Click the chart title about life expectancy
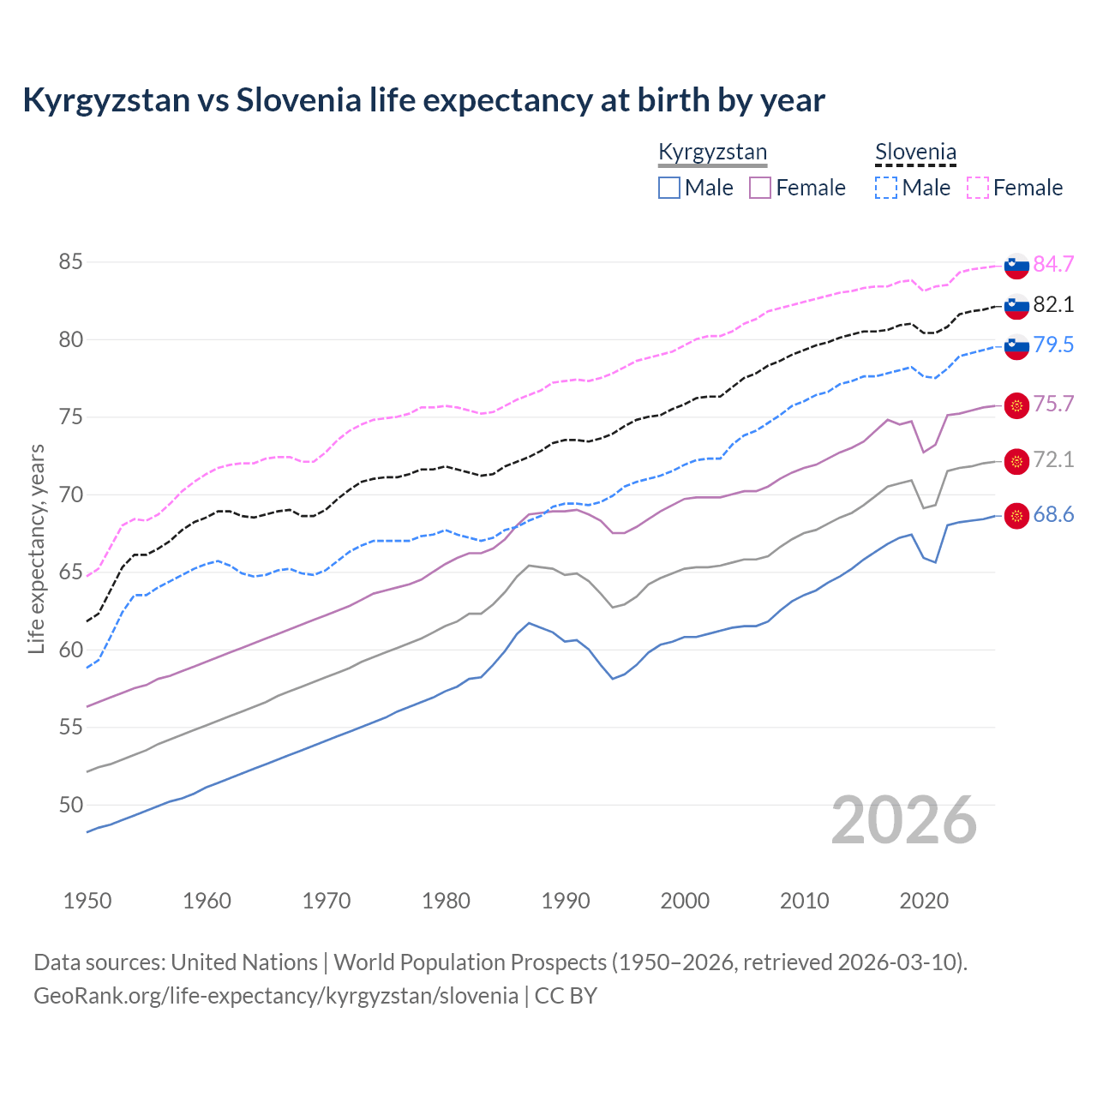pos(423,100)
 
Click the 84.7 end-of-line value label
pos(1053,264)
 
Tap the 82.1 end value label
pos(1053,304)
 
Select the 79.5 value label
pos(1053,345)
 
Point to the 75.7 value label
pos(1053,405)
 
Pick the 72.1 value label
pos(1053,460)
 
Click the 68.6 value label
pos(1053,515)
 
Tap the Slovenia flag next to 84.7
pos(1016,266)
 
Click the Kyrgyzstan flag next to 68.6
pos(1016,516)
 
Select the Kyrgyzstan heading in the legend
pos(712,153)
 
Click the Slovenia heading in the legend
pos(915,153)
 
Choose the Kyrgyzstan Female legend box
pos(760,188)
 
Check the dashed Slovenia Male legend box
pos(886,188)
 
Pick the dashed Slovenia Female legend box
pos(978,188)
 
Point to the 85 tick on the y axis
pos(70,262)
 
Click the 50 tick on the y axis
pos(70,805)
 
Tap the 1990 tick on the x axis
pos(566,901)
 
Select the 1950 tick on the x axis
pos(87,901)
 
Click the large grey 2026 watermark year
pos(903,820)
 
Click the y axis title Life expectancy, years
pos(37,548)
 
